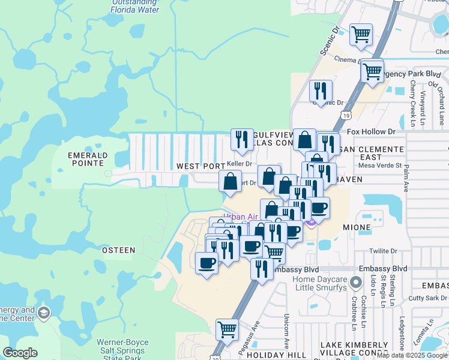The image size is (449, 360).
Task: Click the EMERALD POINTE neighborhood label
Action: coord(88,160)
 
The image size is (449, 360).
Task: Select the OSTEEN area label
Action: coord(118,250)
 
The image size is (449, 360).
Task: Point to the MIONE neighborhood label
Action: coord(358,228)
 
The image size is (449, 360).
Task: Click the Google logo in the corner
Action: coord(20,353)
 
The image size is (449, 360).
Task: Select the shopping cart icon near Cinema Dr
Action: coord(361,35)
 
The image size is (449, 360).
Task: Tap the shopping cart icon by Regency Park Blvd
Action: coord(372,71)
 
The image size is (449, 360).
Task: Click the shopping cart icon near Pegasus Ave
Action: coord(227,329)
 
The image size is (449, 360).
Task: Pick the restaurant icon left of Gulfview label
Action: coord(242,140)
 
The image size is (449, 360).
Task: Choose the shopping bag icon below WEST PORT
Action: coord(231,181)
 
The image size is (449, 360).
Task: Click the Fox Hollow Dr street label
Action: coord(372,131)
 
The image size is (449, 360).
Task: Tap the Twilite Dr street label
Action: coord(385,251)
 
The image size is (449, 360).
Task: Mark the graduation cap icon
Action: coord(44,313)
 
